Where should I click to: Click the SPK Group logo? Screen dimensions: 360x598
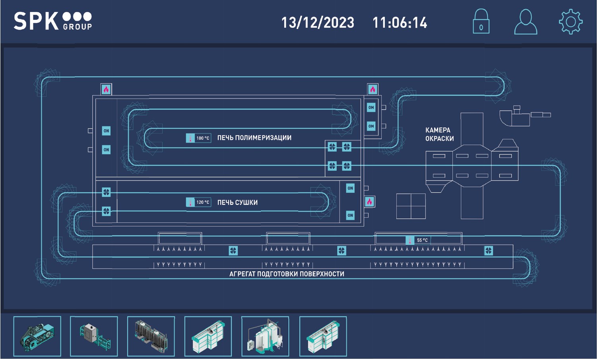point(53,21)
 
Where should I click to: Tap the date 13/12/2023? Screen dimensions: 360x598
point(318,22)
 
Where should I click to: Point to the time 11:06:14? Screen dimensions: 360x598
point(400,22)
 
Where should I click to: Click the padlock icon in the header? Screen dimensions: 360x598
point(481,22)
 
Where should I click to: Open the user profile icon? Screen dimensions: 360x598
point(526,22)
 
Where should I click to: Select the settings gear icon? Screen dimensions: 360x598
point(571,22)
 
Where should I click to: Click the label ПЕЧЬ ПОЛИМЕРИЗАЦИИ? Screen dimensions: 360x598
point(254,138)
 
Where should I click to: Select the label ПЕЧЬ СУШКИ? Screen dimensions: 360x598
point(237,203)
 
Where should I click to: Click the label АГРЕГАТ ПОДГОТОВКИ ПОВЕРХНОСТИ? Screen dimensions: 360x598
point(287,274)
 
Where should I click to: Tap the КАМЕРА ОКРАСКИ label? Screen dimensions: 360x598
point(439,134)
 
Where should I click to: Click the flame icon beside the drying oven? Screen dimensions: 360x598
point(369,202)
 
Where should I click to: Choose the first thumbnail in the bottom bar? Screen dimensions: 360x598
point(37,336)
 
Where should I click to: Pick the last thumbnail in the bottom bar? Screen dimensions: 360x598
point(323,336)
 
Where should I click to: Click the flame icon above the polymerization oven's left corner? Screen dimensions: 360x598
point(106,89)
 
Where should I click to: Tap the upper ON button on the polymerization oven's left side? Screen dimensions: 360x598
point(106,131)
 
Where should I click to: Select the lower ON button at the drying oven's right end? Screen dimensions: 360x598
point(350,215)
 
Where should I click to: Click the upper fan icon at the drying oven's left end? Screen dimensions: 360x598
point(106,192)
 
